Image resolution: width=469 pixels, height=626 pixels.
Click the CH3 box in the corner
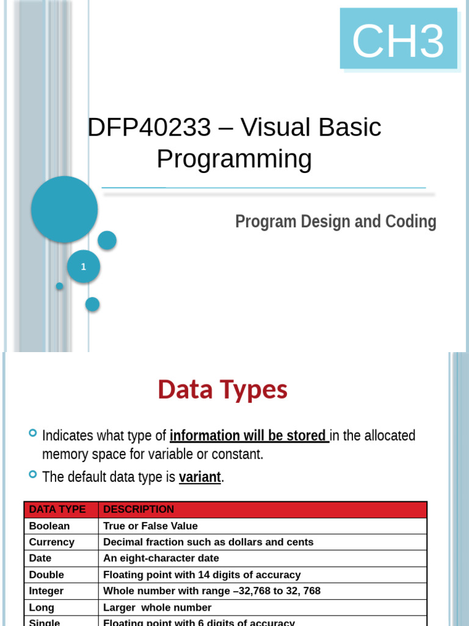click(398, 39)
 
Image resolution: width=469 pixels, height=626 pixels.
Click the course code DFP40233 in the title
click(150, 127)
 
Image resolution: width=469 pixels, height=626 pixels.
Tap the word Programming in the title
click(234, 158)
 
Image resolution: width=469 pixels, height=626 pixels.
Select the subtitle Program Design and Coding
click(335, 221)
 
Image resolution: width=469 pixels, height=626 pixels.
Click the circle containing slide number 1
click(84, 267)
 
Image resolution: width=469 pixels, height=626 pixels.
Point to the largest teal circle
click(64, 209)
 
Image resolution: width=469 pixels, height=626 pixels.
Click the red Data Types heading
click(222, 389)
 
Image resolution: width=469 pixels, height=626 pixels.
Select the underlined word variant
click(200, 477)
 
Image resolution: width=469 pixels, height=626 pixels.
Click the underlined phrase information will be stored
click(248, 435)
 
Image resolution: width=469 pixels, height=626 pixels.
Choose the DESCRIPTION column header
click(139, 509)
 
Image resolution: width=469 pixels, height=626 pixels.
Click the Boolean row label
click(49, 526)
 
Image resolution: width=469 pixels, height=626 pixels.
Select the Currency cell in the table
click(52, 542)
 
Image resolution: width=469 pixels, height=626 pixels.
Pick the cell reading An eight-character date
click(161, 558)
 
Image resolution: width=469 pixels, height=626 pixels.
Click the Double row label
click(46, 575)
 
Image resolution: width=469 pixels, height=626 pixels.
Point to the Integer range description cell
click(211, 591)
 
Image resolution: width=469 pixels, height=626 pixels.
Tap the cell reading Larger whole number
click(157, 607)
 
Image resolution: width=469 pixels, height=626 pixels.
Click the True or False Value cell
click(150, 526)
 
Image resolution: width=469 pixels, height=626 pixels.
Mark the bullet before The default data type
click(33, 474)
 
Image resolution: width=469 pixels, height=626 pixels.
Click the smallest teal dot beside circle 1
click(59, 286)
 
